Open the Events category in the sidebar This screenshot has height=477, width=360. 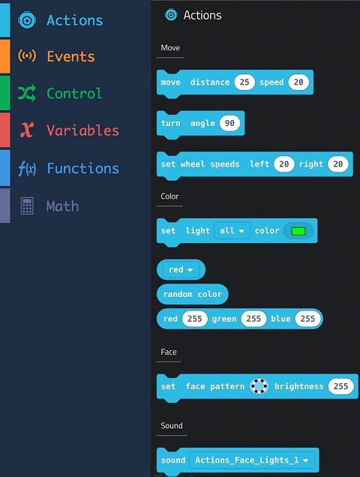click(x=70, y=56)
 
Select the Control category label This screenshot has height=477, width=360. click(x=74, y=94)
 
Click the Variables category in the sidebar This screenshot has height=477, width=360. click(x=82, y=130)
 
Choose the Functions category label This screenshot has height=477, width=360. click(x=82, y=168)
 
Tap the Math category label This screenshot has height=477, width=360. click(x=62, y=206)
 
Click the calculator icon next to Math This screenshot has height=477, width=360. click(x=27, y=206)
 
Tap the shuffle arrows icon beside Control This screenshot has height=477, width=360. click(x=27, y=93)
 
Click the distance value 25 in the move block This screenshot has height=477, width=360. click(x=244, y=82)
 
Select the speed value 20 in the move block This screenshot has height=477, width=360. click(x=298, y=82)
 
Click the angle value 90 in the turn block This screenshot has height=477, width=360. click(x=229, y=123)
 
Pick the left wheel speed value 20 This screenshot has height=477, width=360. click(x=283, y=164)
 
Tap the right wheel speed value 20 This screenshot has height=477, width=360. click(x=337, y=164)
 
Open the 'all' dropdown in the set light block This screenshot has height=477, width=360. click(x=232, y=231)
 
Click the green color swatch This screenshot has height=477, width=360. click(x=298, y=231)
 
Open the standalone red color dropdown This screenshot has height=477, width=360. click(x=181, y=270)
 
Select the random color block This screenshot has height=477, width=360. click(x=192, y=294)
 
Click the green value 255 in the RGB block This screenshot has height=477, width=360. click(x=253, y=319)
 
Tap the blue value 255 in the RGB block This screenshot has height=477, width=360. click(x=307, y=319)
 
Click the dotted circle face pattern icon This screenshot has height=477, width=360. click(x=259, y=386)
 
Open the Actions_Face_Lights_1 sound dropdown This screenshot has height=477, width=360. click(x=252, y=460)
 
